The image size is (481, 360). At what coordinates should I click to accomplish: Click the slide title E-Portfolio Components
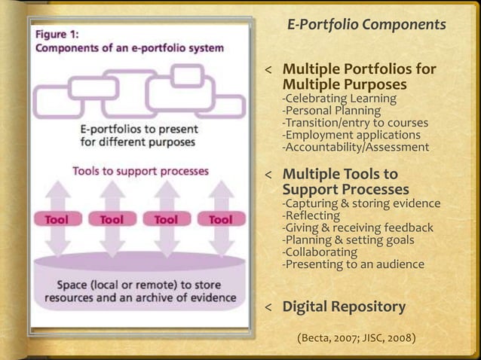tap(366, 26)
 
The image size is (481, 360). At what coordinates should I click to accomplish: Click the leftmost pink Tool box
tap(57, 220)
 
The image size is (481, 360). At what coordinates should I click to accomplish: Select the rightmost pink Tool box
tap(220, 220)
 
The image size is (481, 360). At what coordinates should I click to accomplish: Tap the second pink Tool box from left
tap(112, 220)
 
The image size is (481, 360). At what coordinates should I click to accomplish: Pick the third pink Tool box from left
tap(166, 220)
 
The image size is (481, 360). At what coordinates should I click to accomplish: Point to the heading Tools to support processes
tap(140, 171)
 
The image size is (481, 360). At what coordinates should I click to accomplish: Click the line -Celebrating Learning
tap(339, 99)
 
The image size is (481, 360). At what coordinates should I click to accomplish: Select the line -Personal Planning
tap(331, 111)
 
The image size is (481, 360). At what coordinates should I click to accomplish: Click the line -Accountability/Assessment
tap(355, 147)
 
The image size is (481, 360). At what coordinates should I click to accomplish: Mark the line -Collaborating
tap(320, 252)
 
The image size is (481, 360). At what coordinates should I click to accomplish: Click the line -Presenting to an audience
tap(353, 264)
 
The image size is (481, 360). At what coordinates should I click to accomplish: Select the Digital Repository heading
tap(344, 307)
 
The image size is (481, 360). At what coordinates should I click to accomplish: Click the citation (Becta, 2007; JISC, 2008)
tap(357, 337)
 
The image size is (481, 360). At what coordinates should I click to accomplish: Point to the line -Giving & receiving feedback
tap(357, 227)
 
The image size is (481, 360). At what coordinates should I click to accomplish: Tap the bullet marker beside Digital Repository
tap(267, 308)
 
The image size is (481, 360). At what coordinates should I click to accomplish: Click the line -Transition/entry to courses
tap(355, 123)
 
